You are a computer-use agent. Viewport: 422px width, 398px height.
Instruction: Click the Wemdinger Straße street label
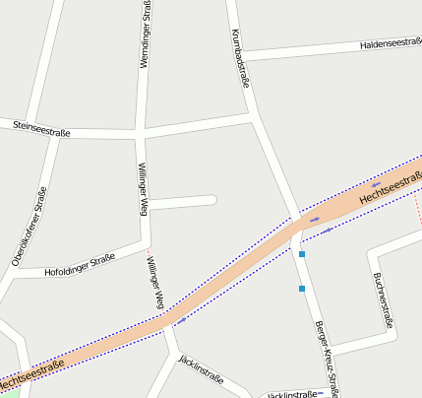click(x=146, y=35)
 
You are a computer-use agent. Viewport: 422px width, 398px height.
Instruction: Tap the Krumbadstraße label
click(x=239, y=58)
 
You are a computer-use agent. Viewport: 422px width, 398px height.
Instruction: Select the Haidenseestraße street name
click(x=391, y=44)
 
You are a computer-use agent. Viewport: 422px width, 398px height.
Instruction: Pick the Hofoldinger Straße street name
click(x=80, y=266)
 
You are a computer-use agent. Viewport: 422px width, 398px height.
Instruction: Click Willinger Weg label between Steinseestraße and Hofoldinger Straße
click(x=144, y=189)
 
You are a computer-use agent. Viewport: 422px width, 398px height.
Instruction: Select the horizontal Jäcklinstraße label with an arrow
click(x=292, y=394)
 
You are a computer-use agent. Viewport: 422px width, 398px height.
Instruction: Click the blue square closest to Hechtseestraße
click(x=302, y=254)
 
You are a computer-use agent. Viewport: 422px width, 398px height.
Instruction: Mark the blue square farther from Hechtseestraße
click(x=302, y=289)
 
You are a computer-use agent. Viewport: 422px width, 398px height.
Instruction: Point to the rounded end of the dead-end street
click(x=211, y=201)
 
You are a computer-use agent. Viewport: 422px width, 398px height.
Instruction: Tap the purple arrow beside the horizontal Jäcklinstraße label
click(x=322, y=393)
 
